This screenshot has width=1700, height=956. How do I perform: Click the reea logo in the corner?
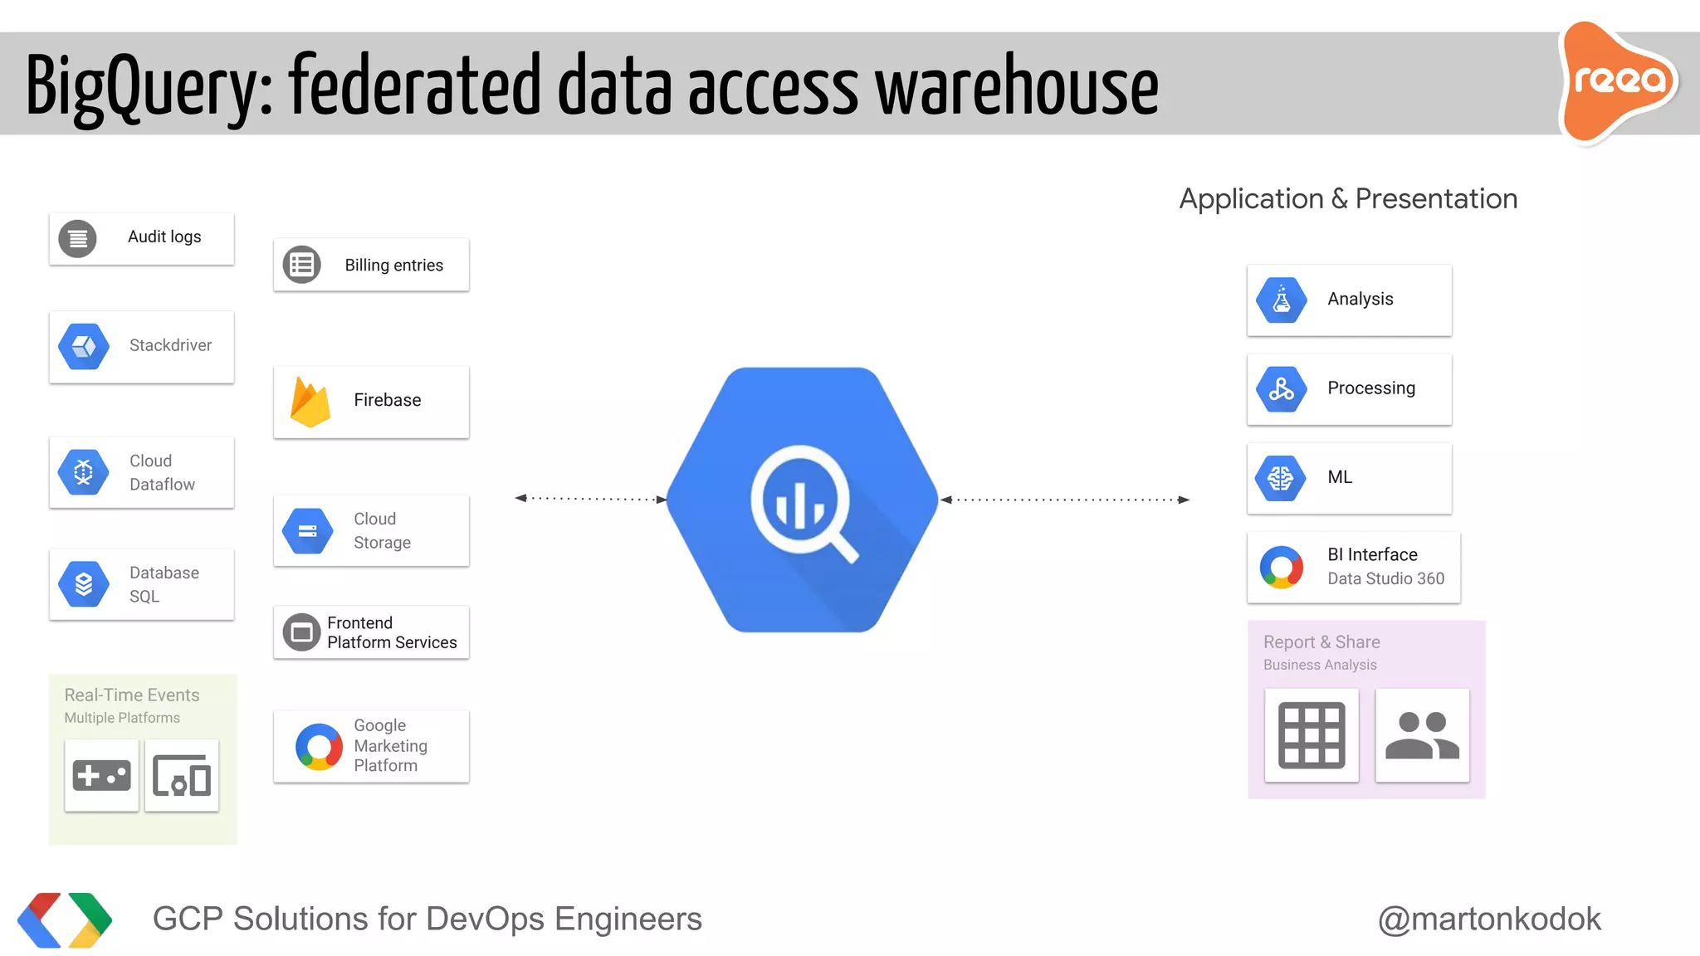coord(1619,81)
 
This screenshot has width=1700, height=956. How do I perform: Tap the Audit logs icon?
coord(78,239)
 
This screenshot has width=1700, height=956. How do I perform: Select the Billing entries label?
coord(393,266)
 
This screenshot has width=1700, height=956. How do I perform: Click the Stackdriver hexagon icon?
coord(84,346)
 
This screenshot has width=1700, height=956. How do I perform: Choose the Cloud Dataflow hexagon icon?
coord(84,472)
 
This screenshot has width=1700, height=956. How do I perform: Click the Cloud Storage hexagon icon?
coord(308,531)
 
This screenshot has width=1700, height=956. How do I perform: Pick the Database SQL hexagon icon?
coord(84,584)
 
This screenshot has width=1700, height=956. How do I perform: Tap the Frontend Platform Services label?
coord(391,632)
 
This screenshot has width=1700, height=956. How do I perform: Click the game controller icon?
coord(102,776)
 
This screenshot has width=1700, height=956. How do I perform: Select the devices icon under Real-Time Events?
coord(182,776)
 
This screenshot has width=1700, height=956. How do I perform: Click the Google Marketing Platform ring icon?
coord(319,747)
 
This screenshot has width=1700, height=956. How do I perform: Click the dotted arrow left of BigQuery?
coord(591,499)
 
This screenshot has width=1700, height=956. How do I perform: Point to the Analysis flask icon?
coord(1282,300)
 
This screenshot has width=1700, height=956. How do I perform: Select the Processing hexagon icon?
coord(1282,388)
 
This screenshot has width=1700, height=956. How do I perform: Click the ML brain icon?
coord(1281,478)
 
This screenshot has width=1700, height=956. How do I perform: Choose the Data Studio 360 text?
coord(1385,578)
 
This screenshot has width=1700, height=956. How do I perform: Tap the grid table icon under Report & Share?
coord(1312,735)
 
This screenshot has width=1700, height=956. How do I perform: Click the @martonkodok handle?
coord(1489,919)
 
